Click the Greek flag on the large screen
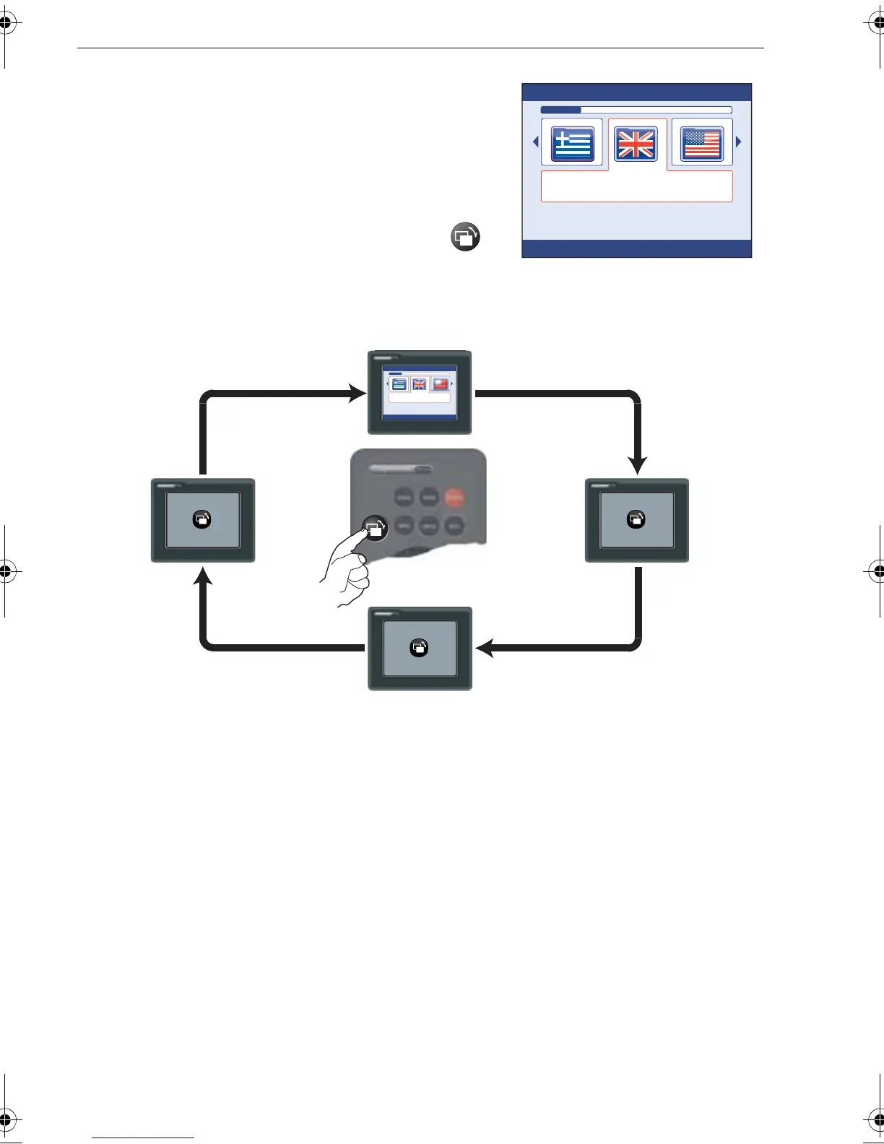click(x=573, y=144)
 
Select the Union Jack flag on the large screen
click(x=636, y=144)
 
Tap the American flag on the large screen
click(x=702, y=144)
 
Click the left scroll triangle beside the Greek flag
click(x=536, y=142)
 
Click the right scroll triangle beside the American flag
click(x=738, y=142)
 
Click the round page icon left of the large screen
click(x=466, y=237)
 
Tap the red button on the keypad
click(x=454, y=498)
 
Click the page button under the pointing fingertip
click(x=375, y=528)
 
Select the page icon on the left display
click(x=202, y=519)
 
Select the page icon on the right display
click(x=636, y=519)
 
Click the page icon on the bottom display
click(x=419, y=648)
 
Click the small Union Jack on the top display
click(x=419, y=384)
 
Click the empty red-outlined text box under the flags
click(x=636, y=186)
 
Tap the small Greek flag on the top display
click(x=399, y=384)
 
